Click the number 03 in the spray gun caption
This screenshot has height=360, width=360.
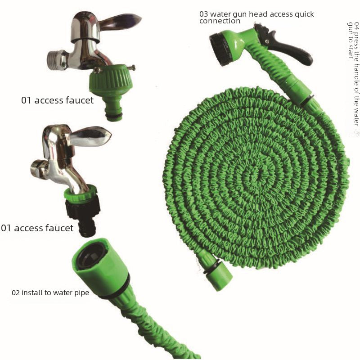click(x=204, y=14)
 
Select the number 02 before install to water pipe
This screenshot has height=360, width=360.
click(x=16, y=293)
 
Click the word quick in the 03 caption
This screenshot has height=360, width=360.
click(x=304, y=14)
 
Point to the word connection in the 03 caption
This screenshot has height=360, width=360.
click(x=220, y=21)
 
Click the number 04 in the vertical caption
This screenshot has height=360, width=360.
click(x=356, y=26)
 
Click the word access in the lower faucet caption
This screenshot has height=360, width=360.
click(x=29, y=228)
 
